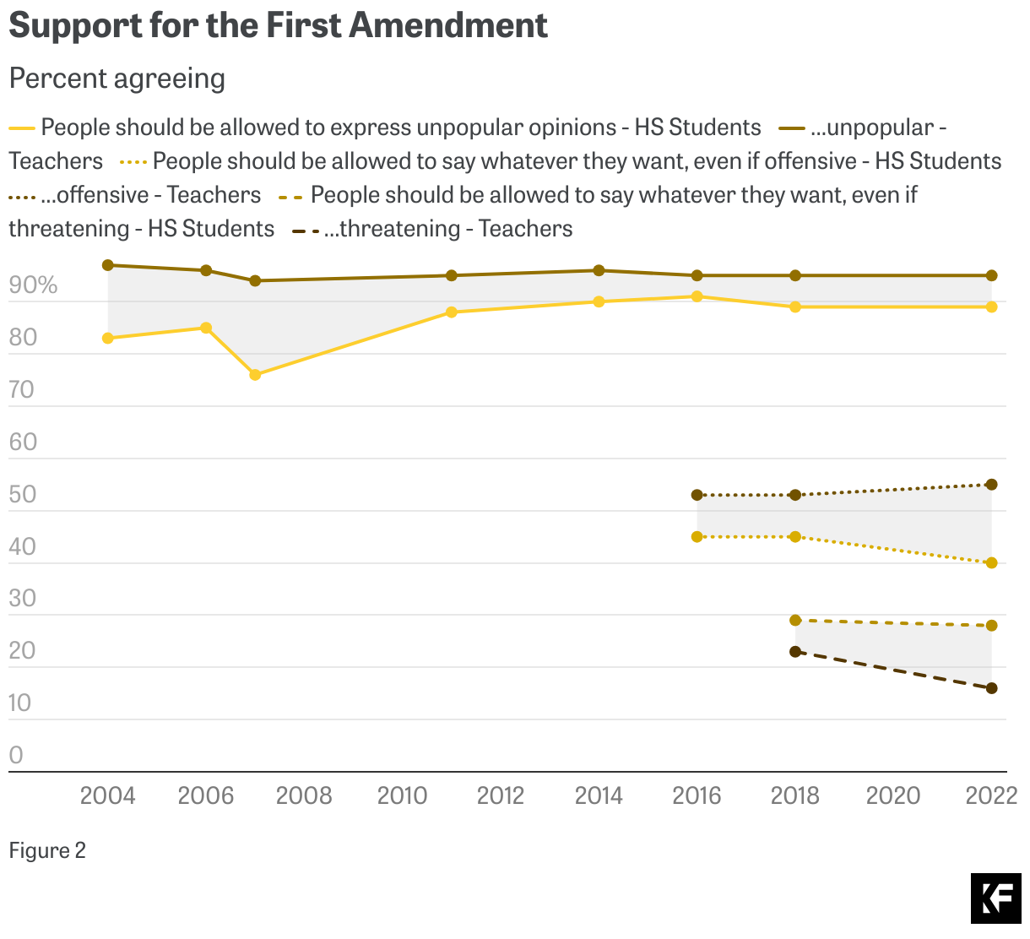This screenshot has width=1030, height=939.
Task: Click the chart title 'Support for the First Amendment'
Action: click(278, 25)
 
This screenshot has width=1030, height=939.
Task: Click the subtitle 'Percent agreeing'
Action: click(117, 79)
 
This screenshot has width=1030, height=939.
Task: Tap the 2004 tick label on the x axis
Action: click(107, 795)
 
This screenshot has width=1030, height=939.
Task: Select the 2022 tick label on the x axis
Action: click(991, 795)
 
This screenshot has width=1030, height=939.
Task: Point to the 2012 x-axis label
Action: click(501, 795)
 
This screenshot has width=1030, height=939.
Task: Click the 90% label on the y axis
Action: click(33, 285)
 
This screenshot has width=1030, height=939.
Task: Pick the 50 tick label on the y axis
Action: click(23, 495)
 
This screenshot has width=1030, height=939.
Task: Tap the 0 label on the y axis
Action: click(16, 756)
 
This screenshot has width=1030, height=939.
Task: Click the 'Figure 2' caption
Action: click(47, 850)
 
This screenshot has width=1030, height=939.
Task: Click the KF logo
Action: click(995, 898)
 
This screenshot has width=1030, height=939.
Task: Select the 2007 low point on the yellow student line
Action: click(255, 375)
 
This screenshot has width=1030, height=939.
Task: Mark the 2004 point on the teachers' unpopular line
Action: click(108, 265)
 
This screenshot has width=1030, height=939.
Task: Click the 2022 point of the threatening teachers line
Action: click(991, 688)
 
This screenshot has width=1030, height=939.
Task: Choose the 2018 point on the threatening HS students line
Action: click(795, 621)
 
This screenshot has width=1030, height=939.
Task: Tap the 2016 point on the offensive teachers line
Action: click(697, 495)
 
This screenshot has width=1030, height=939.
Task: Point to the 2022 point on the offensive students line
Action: click(991, 563)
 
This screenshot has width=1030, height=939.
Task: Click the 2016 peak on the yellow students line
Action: click(697, 296)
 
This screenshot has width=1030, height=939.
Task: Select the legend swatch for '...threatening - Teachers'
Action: click(305, 230)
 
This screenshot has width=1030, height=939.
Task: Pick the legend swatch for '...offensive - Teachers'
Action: click(22, 196)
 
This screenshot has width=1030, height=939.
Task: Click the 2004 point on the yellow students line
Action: click(108, 339)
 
